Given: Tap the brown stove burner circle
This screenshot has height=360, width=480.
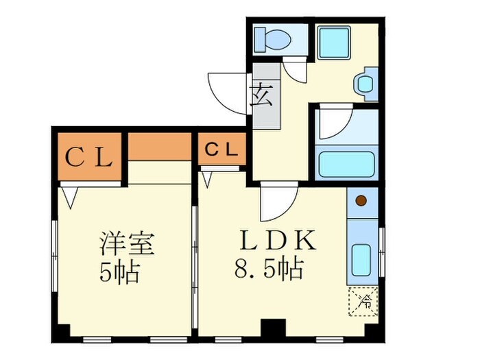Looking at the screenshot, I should pyautogui.click(x=361, y=202).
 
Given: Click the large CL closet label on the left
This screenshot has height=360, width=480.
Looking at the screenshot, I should pyautogui.click(x=88, y=158).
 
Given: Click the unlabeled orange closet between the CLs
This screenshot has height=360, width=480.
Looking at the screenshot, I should pyautogui.click(x=160, y=146).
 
